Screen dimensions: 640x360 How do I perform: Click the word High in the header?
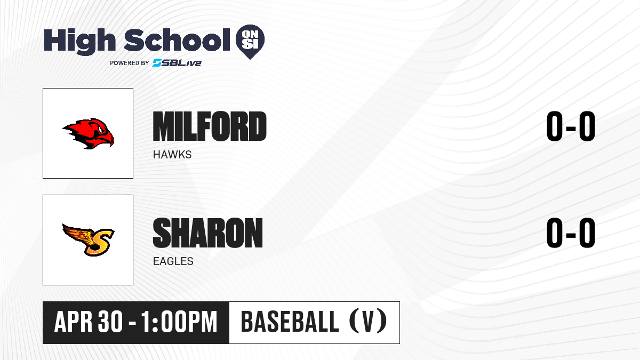pyautogui.click(x=79, y=41)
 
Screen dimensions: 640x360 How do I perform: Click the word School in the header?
pyautogui.click(x=177, y=40)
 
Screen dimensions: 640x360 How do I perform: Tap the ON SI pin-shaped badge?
pyautogui.click(x=250, y=42)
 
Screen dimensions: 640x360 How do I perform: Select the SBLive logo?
pyautogui.click(x=177, y=62)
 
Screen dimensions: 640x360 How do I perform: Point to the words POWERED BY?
pyautogui.click(x=130, y=63)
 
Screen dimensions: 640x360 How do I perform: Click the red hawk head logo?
pyautogui.click(x=88, y=133)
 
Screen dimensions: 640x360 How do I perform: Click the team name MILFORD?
pyautogui.click(x=210, y=126)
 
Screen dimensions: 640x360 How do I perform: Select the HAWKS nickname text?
pyautogui.click(x=172, y=155)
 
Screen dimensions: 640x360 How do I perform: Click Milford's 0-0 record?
pyautogui.click(x=571, y=126)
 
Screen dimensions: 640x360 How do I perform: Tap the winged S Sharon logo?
pyautogui.click(x=89, y=240)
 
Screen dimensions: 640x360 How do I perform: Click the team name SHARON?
pyautogui.click(x=207, y=233)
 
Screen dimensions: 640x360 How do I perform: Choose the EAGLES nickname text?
pyautogui.click(x=173, y=261)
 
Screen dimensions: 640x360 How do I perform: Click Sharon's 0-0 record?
pyautogui.click(x=571, y=233)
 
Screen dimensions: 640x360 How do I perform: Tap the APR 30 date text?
pyautogui.click(x=89, y=322)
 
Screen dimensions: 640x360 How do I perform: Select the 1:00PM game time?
pyautogui.click(x=179, y=322)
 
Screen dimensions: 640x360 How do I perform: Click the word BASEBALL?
pyautogui.click(x=290, y=322)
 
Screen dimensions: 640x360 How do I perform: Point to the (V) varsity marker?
pyautogui.click(x=368, y=322)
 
